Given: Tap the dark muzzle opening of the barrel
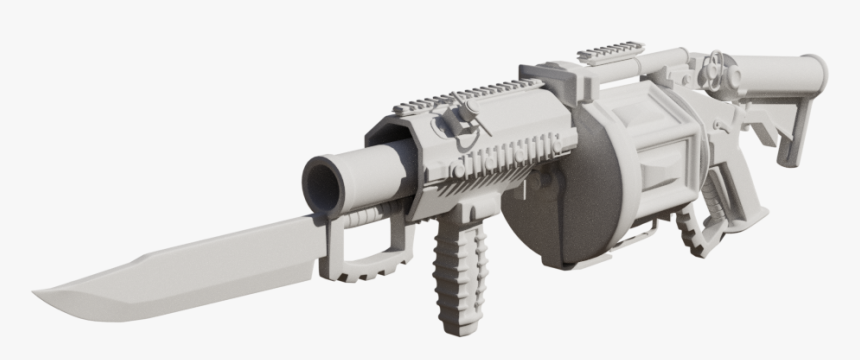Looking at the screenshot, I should (x=323, y=183).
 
